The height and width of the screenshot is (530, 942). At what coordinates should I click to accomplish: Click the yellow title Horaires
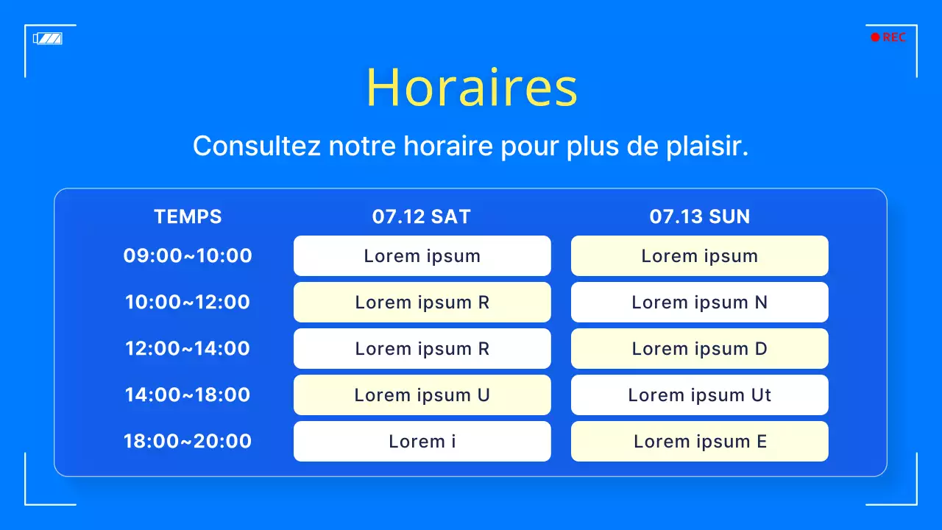click(471, 88)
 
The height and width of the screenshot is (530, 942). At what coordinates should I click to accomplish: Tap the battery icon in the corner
click(48, 38)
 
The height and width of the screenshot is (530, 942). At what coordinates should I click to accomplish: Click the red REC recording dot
click(875, 38)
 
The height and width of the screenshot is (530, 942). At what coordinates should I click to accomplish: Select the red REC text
click(894, 38)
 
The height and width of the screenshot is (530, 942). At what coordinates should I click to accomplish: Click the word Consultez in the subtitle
click(257, 146)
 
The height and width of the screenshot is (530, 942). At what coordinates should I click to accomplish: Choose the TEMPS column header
click(188, 216)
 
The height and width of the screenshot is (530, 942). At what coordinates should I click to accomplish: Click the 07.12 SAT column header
click(422, 216)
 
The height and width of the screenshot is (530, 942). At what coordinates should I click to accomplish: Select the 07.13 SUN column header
click(699, 216)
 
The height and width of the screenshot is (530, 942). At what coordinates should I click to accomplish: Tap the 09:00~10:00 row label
click(188, 256)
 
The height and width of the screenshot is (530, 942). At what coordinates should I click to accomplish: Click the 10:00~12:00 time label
click(188, 303)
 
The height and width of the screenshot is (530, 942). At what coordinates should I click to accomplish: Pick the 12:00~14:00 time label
click(188, 349)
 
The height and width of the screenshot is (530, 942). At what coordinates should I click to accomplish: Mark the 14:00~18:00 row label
click(188, 395)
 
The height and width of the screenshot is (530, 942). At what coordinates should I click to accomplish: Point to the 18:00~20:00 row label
click(188, 442)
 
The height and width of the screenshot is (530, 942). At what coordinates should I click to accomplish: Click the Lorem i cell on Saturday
click(422, 442)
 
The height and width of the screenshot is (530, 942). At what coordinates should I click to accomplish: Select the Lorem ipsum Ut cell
click(699, 395)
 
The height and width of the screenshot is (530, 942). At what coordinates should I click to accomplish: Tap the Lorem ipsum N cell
click(699, 303)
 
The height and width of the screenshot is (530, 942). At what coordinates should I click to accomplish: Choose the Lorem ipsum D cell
click(699, 349)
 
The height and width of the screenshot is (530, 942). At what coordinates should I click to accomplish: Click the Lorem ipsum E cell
click(699, 442)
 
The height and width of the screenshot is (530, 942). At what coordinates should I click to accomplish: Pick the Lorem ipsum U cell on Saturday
click(422, 395)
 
